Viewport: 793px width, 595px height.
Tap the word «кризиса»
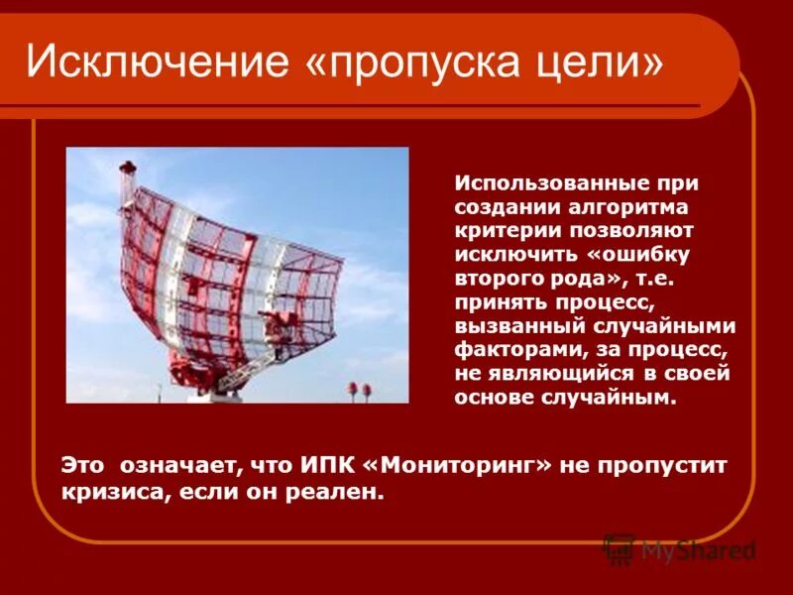point(105,492)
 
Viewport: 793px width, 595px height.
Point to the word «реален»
point(342,492)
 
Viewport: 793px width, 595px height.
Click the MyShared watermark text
point(698,550)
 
